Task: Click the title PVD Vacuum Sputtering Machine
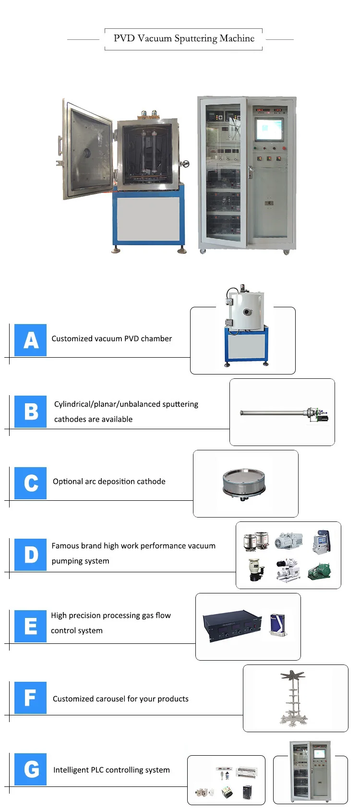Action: point(184,38)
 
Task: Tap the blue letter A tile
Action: point(30,340)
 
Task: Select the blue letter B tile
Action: point(30,411)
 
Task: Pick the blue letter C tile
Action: point(30,483)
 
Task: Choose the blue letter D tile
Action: point(30,555)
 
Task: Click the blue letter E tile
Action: point(30,626)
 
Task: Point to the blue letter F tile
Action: point(30,698)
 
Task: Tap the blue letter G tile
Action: point(30,769)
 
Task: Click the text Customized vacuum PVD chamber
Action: point(111,338)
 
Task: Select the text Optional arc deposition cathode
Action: point(109,482)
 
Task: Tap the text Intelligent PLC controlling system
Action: point(111,770)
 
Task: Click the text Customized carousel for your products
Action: point(120,699)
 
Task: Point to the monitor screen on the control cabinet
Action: point(269,129)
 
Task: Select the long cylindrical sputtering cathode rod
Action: point(274,412)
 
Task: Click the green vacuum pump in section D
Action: point(319,571)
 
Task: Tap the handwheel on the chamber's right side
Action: point(185,164)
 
